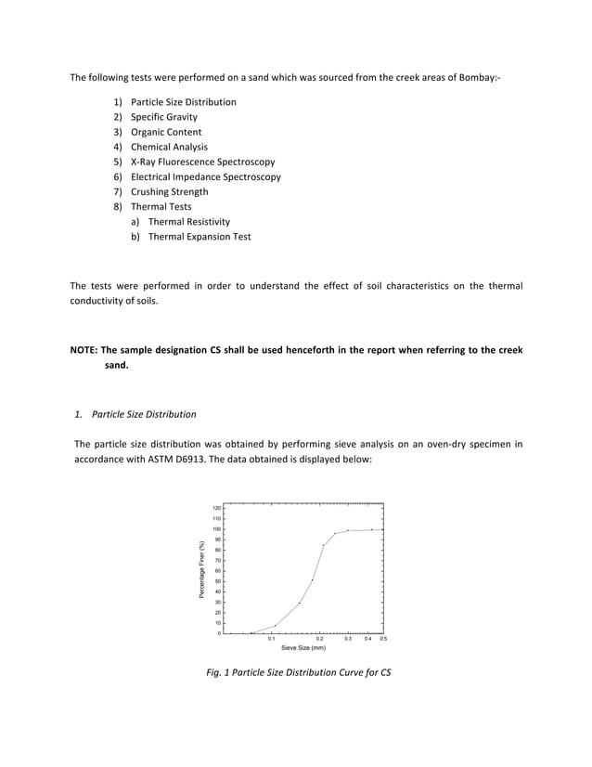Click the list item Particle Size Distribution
(x=183, y=102)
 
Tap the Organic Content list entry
(x=165, y=132)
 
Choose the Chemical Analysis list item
(x=169, y=147)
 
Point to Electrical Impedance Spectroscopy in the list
(x=205, y=176)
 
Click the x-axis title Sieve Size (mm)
(x=303, y=648)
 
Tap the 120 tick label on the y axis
(x=216, y=509)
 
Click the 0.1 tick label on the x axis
(x=271, y=639)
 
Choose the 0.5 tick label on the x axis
(x=383, y=639)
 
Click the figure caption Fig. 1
(x=297, y=672)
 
